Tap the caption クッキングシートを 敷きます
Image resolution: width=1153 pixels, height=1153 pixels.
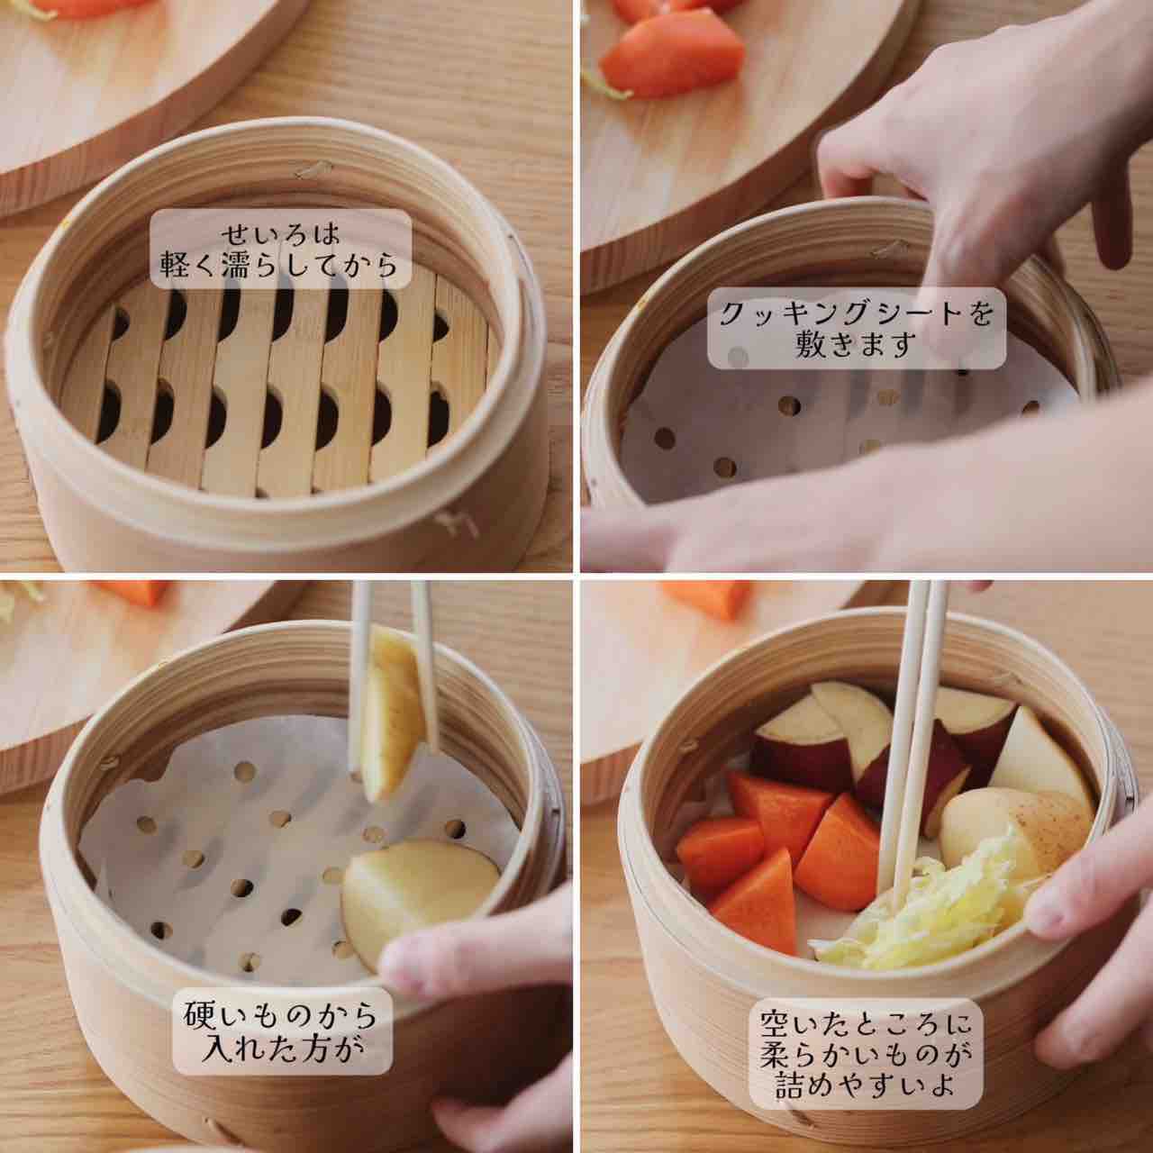tap(857, 329)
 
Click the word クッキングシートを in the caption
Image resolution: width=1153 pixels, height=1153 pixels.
tap(857, 314)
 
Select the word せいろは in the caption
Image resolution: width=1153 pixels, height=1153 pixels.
tap(280, 234)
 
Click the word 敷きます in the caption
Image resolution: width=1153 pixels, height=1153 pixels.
tap(856, 345)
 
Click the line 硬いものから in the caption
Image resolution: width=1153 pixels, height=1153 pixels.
tap(281, 1017)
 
